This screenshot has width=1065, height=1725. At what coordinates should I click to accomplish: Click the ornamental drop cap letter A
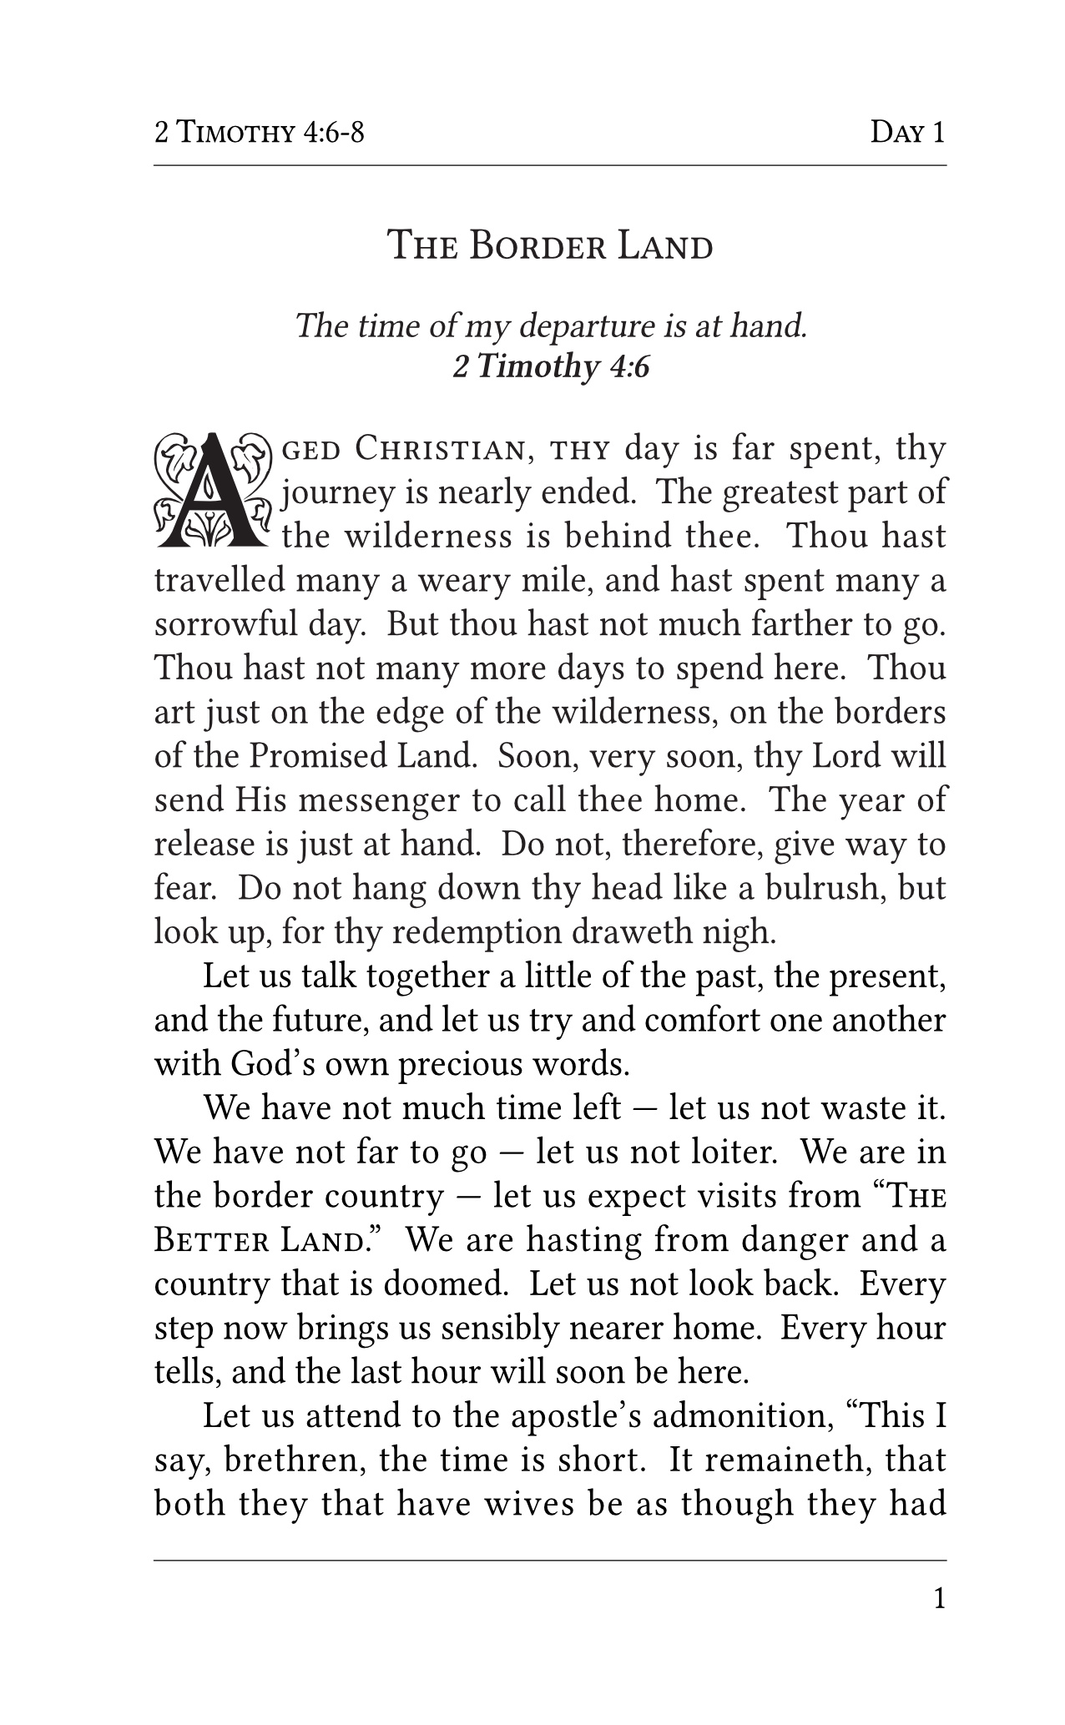[x=214, y=492]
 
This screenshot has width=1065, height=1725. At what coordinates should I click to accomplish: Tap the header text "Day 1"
[x=907, y=133]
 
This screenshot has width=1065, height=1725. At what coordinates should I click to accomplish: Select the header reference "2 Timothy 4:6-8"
[x=259, y=133]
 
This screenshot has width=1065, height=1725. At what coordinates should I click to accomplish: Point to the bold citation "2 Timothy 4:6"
[x=551, y=366]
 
